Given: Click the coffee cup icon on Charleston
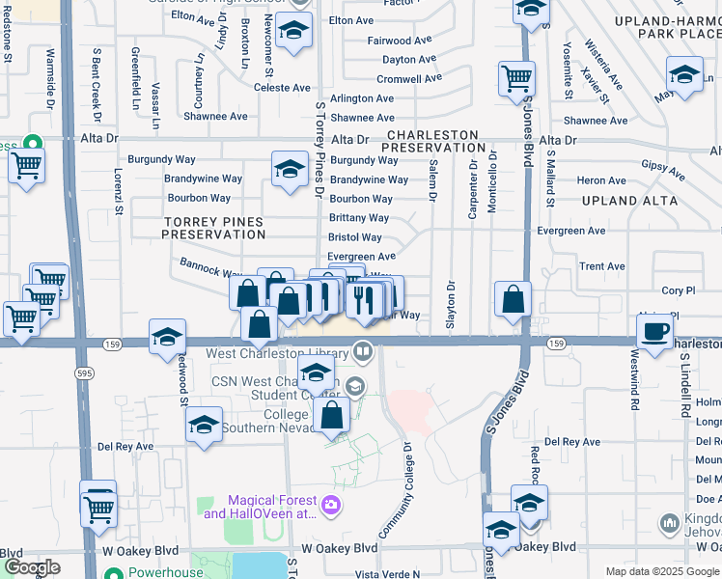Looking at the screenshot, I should [655, 333].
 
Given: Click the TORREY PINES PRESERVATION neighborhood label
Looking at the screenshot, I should [213, 228].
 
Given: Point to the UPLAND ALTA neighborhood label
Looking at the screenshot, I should [625, 202].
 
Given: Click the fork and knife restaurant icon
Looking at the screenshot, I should [364, 300].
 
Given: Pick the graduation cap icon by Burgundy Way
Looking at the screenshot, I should [289, 170].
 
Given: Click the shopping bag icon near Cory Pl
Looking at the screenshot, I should [514, 298].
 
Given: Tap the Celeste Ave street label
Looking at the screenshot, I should [281, 88].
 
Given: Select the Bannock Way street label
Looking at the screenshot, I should [209, 266].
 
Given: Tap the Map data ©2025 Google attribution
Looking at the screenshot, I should [662, 571].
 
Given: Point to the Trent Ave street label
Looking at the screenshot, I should [601, 266].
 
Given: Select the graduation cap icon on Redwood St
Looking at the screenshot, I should [167, 337].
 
